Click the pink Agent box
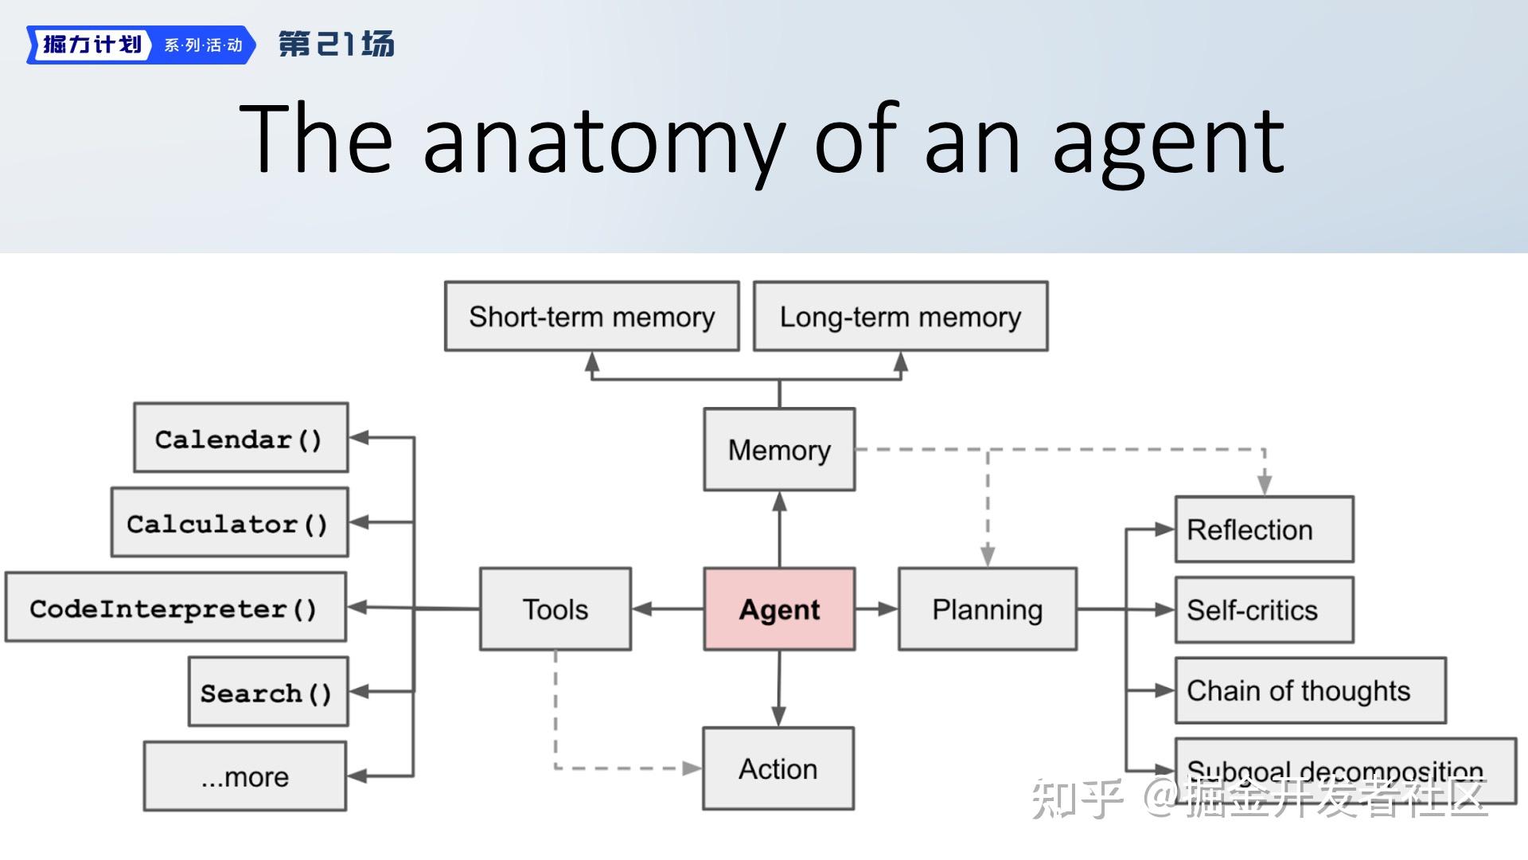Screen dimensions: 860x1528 pos(779,609)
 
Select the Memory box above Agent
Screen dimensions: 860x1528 pos(779,450)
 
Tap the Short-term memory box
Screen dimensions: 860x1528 pos(591,316)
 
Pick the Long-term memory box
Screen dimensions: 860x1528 pos(900,316)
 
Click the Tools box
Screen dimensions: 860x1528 pos(555,609)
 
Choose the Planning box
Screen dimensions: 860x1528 pos(987,609)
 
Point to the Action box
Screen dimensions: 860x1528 pos(778,768)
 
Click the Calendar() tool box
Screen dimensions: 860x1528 pos(240,438)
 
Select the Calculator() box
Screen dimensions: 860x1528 pos(229,522)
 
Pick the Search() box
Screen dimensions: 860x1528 pos(267,691)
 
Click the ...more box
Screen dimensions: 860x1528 pos(244,776)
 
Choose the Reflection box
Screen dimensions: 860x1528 pos(1264,530)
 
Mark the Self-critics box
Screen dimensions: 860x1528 pos(1264,610)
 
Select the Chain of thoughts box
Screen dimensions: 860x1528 pos(1310,690)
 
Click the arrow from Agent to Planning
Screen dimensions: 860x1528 pos(876,609)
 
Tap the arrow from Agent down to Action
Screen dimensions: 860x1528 pos(778,688)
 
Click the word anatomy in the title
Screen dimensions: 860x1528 pos(604,140)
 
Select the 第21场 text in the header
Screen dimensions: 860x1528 pos(336,44)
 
